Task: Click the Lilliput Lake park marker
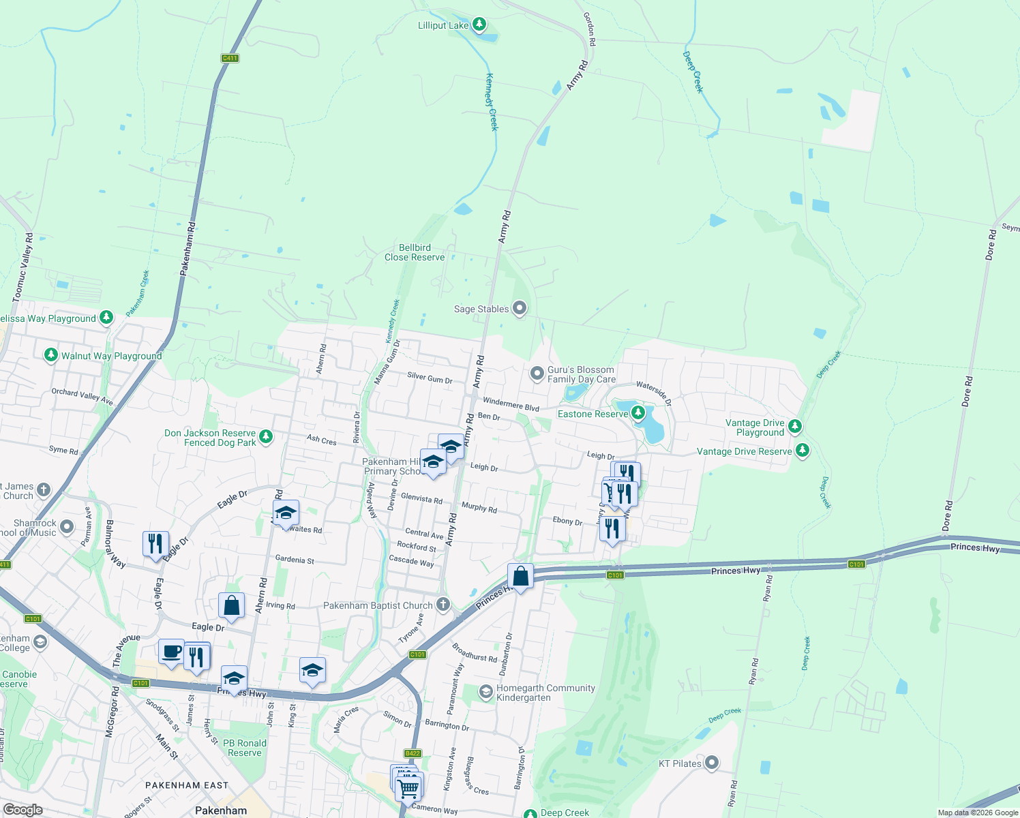point(479,25)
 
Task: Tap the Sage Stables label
point(481,309)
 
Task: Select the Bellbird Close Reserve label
point(415,252)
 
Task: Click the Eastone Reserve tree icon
point(638,413)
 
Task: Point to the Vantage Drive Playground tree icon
point(794,427)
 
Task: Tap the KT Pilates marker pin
point(712,763)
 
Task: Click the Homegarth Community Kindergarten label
point(545,693)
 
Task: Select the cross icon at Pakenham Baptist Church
point(443,604)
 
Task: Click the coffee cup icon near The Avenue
point(171,651)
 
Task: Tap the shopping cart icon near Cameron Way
point(408,788)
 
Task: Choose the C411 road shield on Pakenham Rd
point(230,58)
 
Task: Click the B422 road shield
point(412,753)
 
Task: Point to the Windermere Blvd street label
point(511,404)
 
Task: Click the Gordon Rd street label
point(590,29)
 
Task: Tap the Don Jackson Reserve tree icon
point(266,436)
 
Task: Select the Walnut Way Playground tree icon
point(50,355)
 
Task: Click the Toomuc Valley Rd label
point(23,267)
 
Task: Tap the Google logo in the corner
point(22,810)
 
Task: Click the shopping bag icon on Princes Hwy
point(520,577)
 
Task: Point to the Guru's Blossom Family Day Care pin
point(537,374)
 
